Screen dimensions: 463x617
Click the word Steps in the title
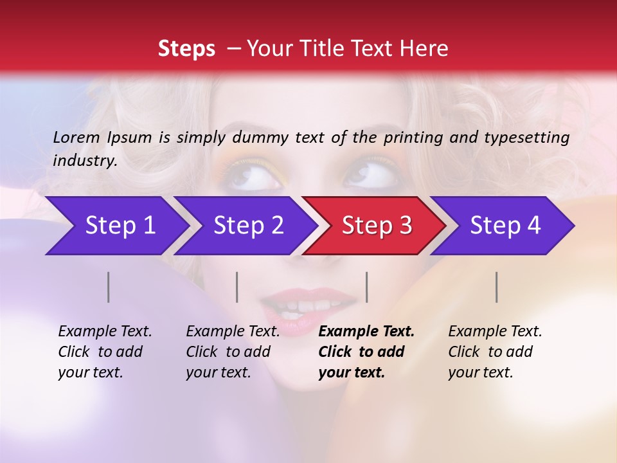[186, 49]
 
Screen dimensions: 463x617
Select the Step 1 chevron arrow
[116, 226]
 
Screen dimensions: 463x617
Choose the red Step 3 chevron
[374, 226]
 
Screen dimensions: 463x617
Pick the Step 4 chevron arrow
[503, 226]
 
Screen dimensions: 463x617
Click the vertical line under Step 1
[109, 287]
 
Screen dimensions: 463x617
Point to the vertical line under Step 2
[237, 287]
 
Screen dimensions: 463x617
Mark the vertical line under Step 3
[366, 287]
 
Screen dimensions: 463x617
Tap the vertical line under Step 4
[497, 287]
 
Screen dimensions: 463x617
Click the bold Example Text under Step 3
[366, 332]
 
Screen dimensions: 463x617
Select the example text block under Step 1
[105, 352]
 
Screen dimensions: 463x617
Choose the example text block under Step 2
[233, 352]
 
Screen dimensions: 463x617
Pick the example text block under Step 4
[495, 352]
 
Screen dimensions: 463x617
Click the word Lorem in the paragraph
[76, 137]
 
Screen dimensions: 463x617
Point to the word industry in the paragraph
[85, 161]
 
